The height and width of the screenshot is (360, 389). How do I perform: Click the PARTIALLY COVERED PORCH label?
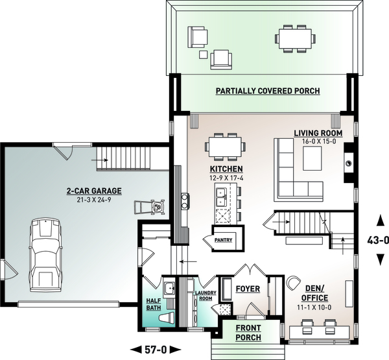268,91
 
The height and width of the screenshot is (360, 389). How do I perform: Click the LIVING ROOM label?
318,134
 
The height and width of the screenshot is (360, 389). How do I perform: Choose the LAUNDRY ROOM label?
206,296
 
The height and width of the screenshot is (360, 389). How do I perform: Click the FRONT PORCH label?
248,333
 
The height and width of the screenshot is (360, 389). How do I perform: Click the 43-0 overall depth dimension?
377,239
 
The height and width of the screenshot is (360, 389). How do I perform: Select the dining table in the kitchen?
225,146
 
